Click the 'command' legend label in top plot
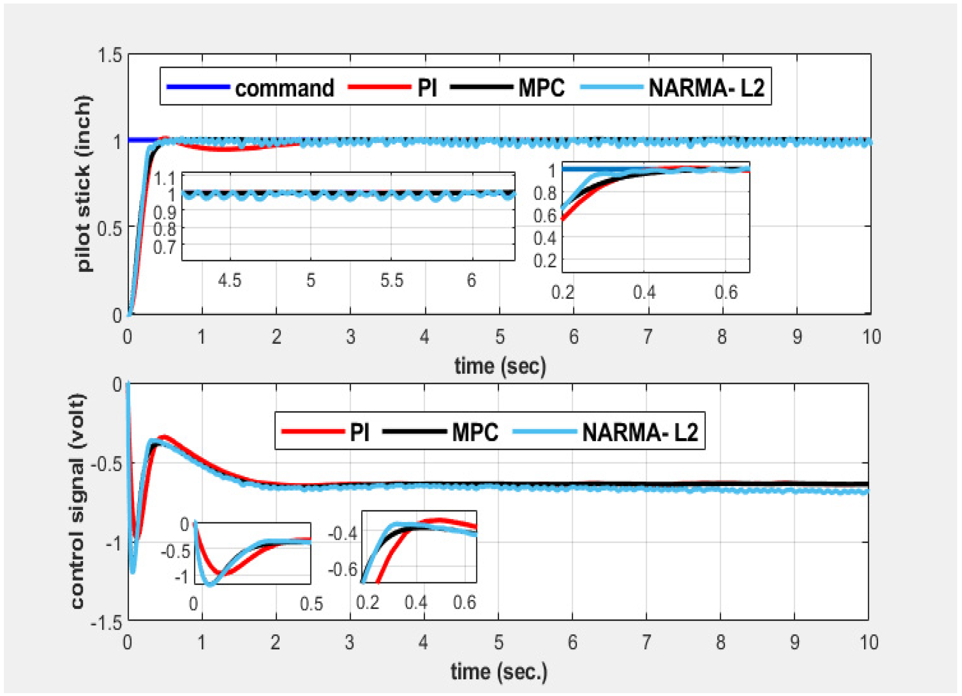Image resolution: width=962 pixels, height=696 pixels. coord(284,88)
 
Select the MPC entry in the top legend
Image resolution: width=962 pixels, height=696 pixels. coord(541,88)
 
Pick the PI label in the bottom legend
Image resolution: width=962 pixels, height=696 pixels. coord(359,433)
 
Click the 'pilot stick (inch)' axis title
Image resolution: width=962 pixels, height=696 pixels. coord(84,183)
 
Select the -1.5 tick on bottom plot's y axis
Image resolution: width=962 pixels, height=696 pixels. coord(106,623)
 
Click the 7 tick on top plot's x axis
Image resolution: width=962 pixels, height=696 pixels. coord(648,337)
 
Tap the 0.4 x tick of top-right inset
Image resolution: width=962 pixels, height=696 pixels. coord(644,293)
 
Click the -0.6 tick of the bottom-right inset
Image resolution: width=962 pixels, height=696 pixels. coord(343,569)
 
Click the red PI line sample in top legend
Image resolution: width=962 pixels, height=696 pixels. coord(379,87)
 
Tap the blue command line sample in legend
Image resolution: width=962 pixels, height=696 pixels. coord(198,87)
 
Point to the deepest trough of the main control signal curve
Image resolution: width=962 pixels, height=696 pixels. coord(133,572)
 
